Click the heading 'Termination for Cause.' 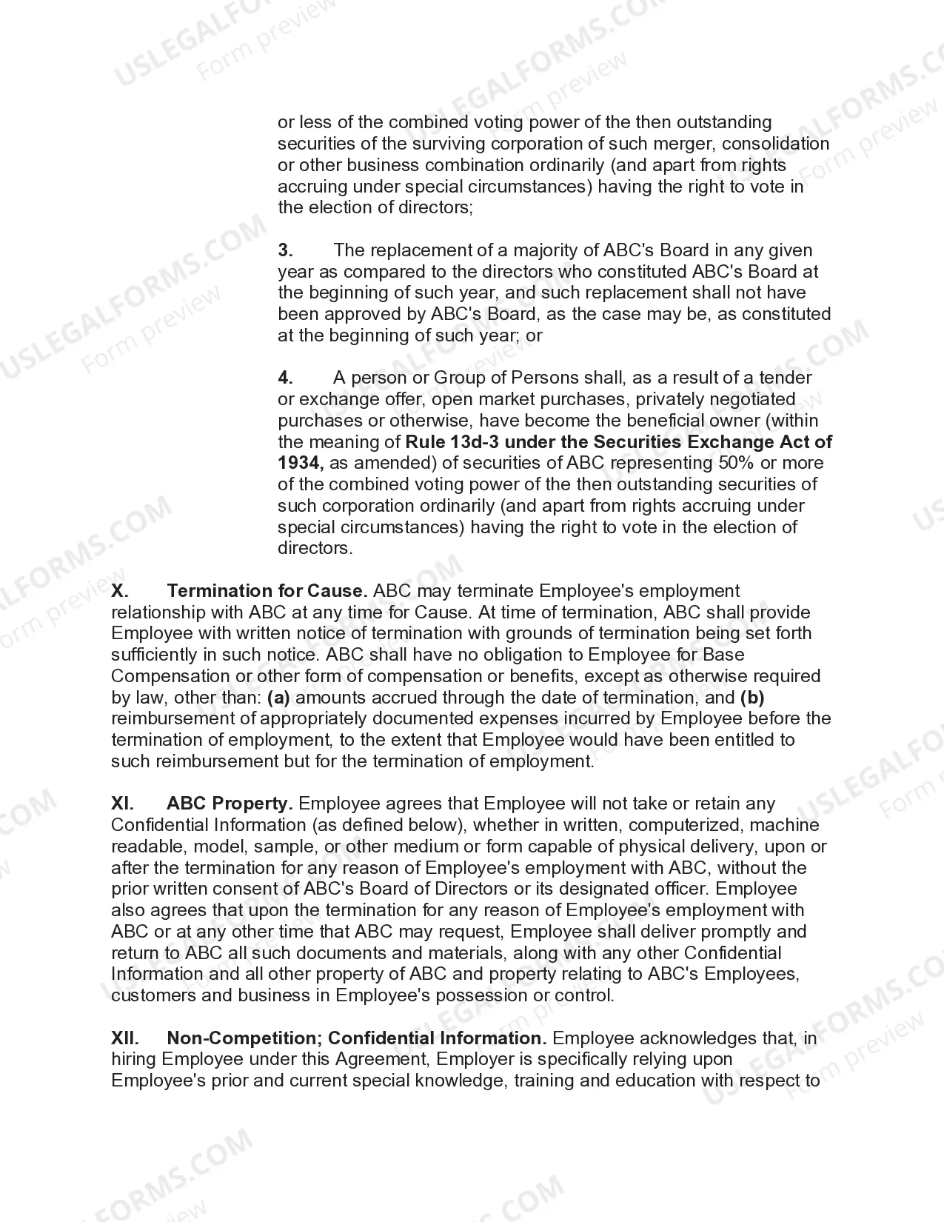[267, 591]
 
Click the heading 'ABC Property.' [230, 804]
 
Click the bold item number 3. [286, 250]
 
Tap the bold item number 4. [286, 378]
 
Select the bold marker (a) [278, 697]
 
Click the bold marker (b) [751, 697]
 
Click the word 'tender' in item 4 [786, 378]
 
